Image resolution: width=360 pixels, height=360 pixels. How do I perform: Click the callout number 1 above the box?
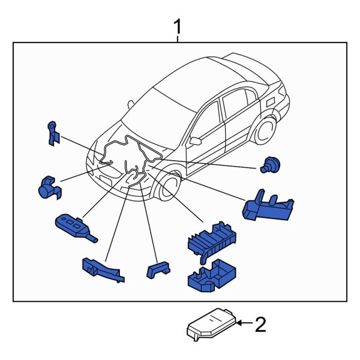pyautogui.click(x=178, y=27)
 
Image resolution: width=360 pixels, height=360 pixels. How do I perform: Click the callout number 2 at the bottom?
pyautogui.click(x=260, y=325)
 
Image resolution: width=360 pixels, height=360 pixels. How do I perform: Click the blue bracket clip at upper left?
pyautogui.click(x=53, y=133)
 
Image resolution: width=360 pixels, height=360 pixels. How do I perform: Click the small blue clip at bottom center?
pyautogui.click(x=157, y=269)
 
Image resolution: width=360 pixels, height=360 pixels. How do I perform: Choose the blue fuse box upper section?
pyautogui.click(x=210, y=240)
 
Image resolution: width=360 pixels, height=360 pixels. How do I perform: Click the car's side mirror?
pyautogui.click(x=196, y=141)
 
